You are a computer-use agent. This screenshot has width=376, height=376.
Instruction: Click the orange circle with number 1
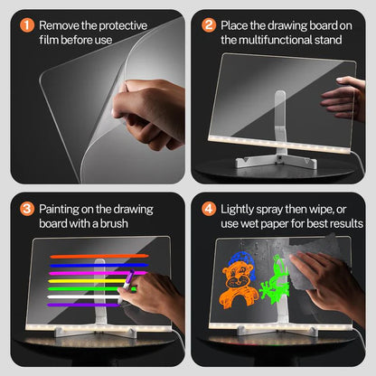(x=27, y=25)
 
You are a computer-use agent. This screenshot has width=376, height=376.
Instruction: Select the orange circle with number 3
(x=27, y=208)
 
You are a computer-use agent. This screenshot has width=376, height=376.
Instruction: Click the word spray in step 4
(x=286, y=209)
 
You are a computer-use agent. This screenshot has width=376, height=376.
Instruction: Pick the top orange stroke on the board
(x=90, y=256)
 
